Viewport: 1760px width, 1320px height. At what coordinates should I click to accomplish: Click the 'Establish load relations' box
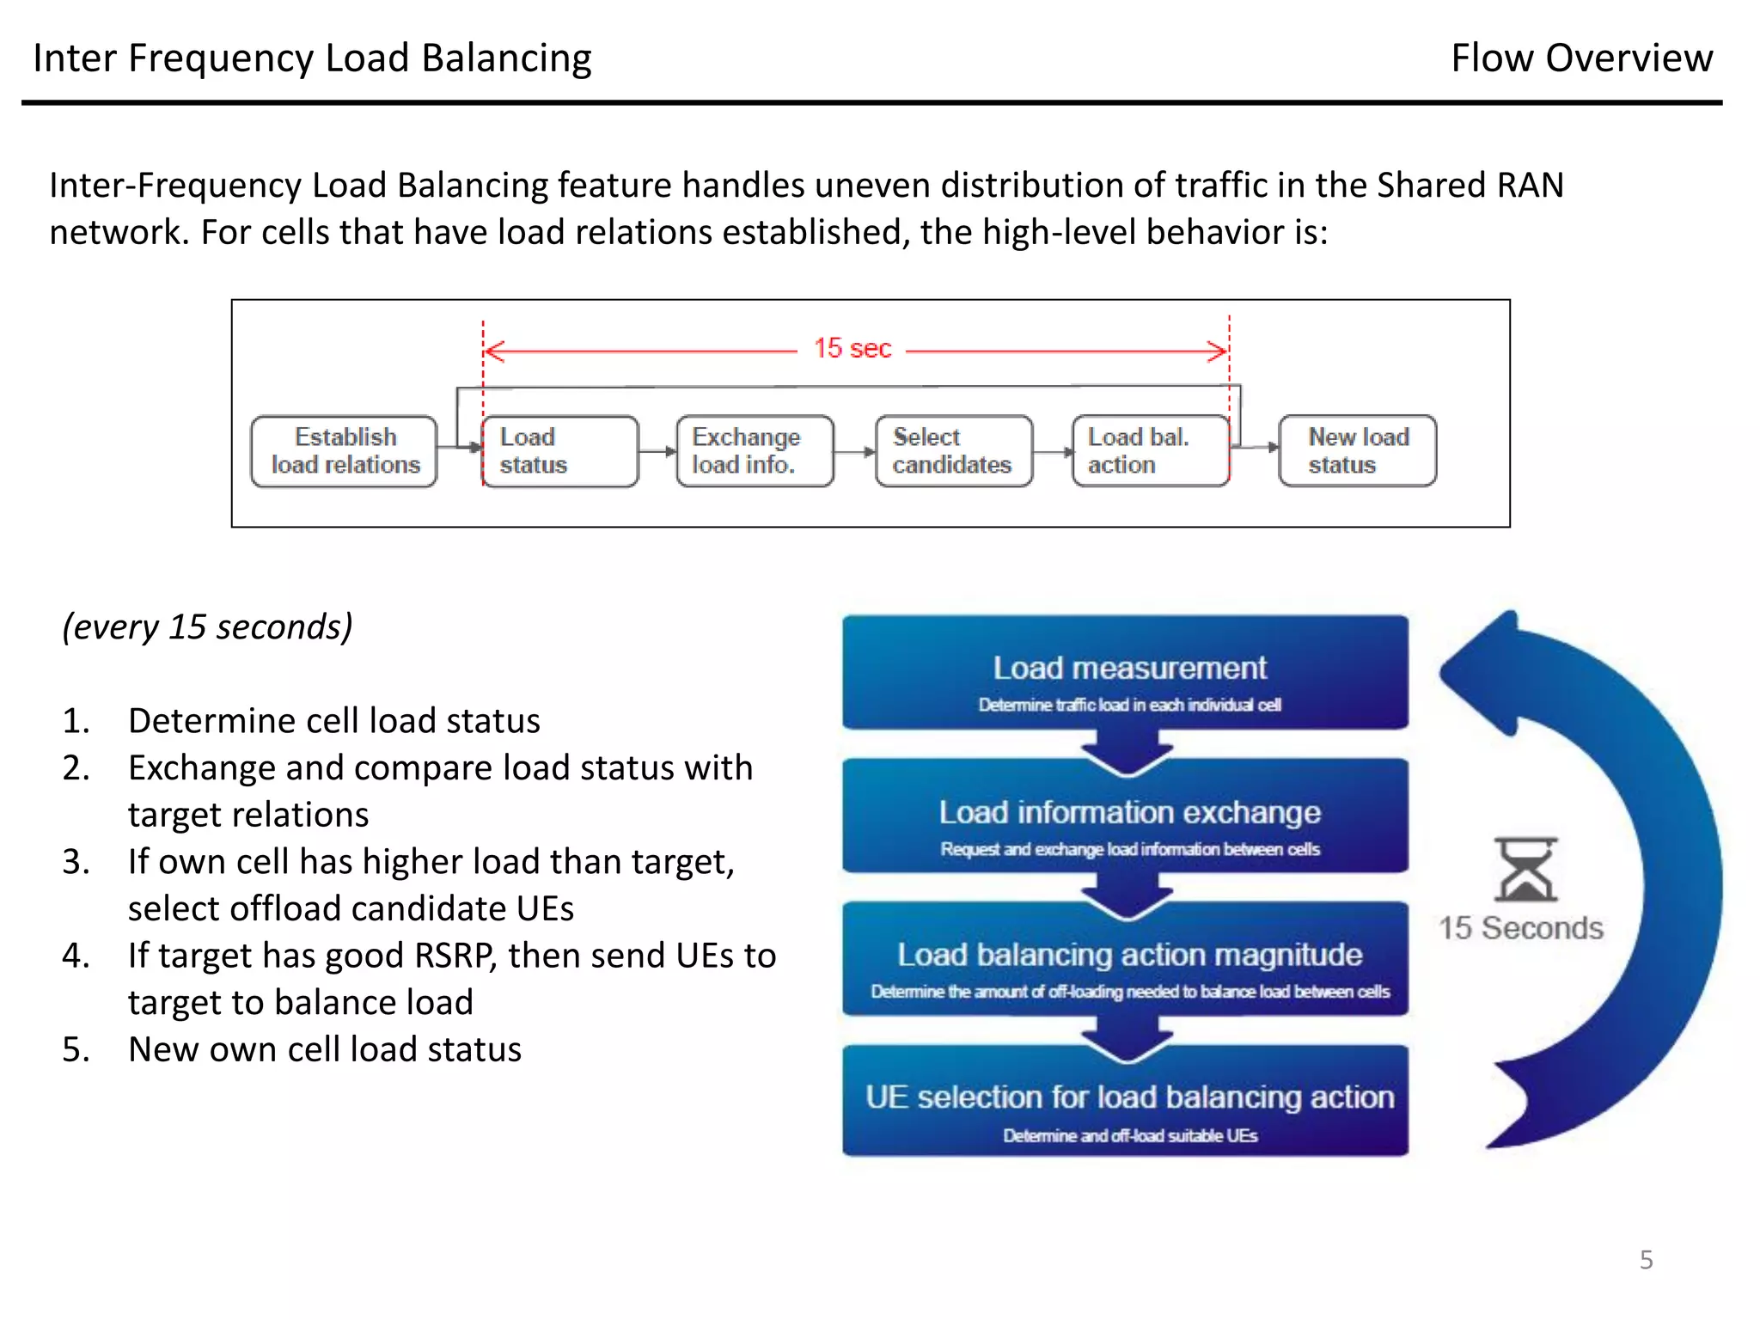pos(345,451)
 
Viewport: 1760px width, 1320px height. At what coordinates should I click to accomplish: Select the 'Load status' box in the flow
pos(559,451)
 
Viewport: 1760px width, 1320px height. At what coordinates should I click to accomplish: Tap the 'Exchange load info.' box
pos(755,451)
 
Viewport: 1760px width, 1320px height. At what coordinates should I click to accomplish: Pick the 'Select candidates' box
pos(953,451)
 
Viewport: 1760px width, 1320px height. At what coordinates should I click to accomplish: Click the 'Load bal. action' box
pos(1150,451)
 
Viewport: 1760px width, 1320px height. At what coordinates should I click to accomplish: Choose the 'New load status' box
pos(1357,451)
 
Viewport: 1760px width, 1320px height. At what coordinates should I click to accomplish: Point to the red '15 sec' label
pos(852,349)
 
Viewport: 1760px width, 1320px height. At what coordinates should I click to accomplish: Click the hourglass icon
pos(1525,869)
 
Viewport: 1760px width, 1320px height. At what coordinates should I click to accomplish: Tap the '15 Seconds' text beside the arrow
pos(1520,928)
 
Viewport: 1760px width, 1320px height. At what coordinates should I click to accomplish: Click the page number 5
pos(1646,1260)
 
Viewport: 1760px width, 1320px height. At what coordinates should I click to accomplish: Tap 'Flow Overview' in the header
pos(1581,58)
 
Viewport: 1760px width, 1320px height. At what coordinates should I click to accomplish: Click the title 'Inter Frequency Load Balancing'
pos(312,58)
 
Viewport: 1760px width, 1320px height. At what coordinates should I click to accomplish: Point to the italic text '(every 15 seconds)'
pos(207,626)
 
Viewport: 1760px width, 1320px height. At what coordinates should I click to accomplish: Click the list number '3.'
pos(76,862)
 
